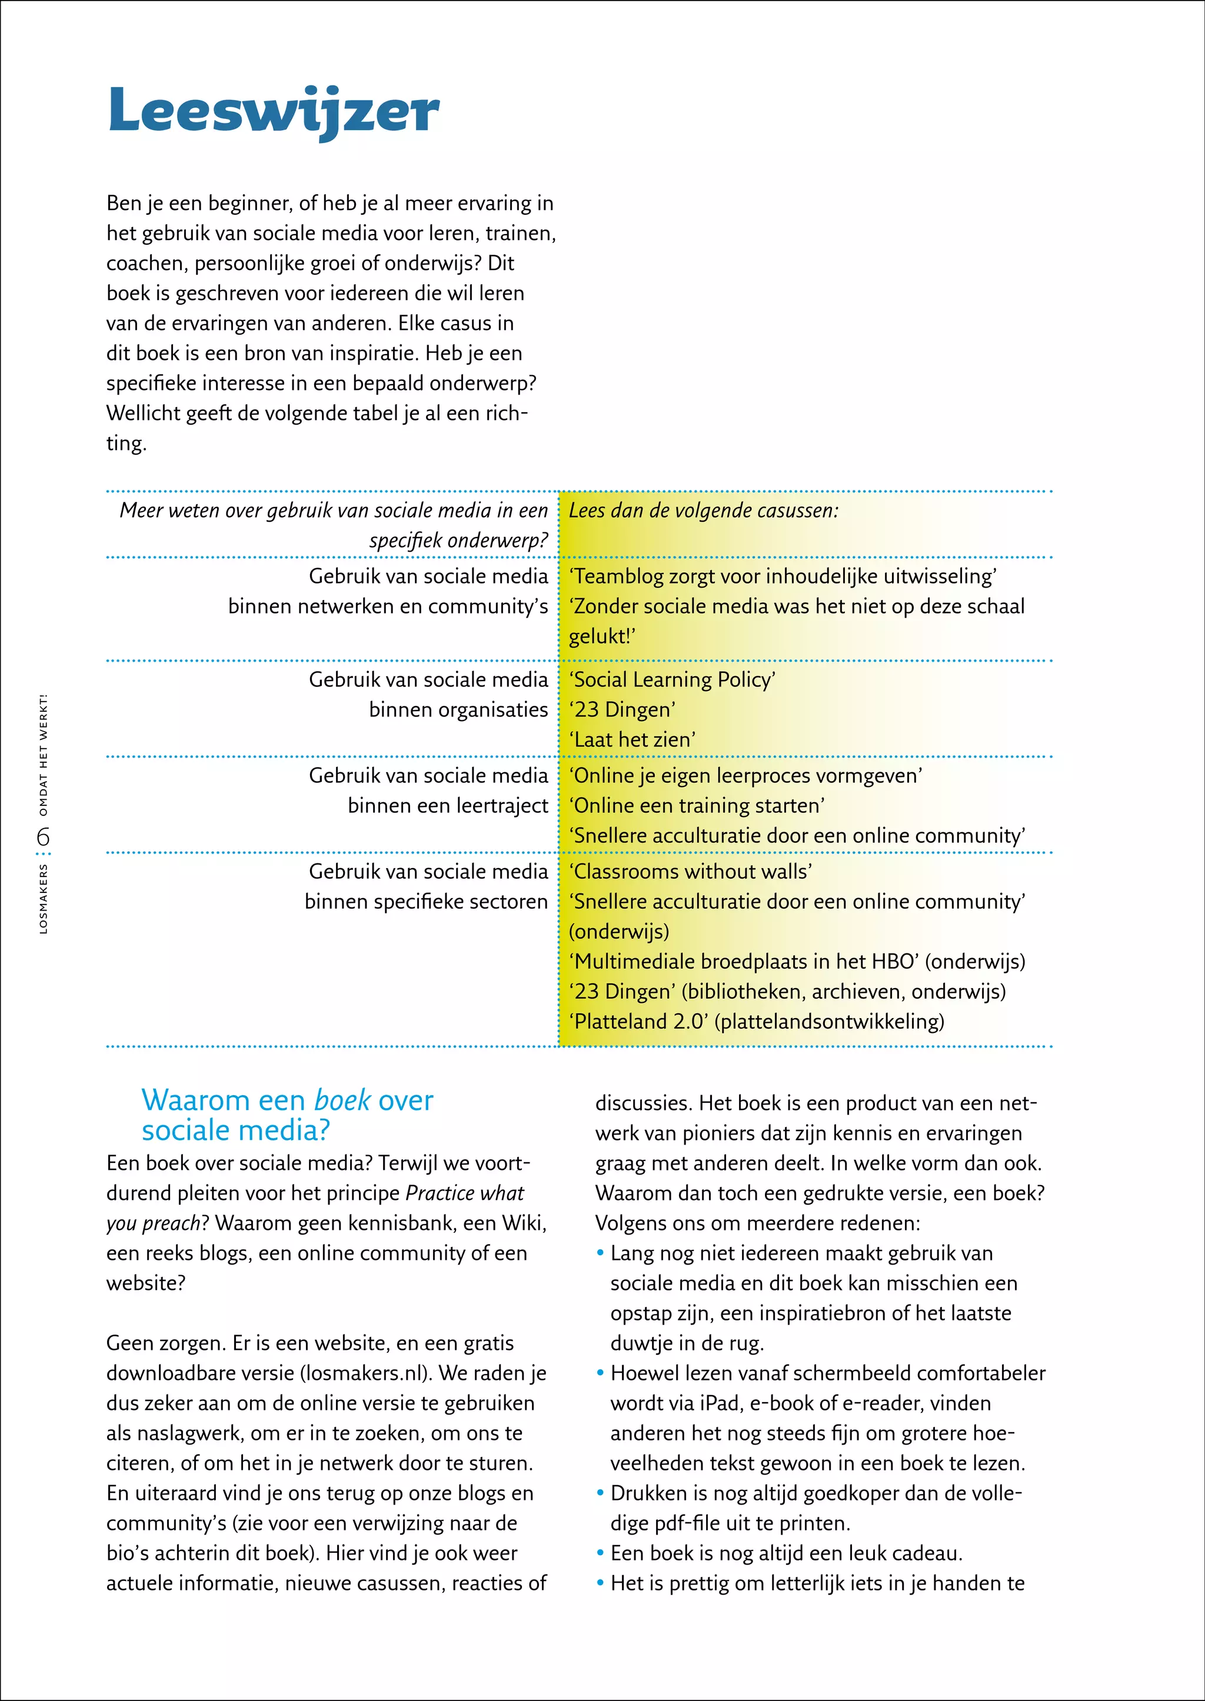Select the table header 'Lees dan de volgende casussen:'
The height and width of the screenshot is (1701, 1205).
704,511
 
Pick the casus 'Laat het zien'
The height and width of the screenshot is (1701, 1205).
632,739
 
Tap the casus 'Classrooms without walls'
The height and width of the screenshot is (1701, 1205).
690,872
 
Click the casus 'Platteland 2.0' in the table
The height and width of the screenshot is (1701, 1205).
638,1022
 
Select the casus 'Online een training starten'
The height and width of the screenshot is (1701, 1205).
697,806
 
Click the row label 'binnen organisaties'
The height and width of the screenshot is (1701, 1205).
458,710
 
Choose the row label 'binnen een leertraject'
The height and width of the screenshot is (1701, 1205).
447,806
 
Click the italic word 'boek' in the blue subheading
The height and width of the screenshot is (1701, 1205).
342,1100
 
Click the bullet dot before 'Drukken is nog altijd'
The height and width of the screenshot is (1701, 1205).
600,1493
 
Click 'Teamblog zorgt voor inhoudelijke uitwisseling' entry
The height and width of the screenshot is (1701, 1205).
783,576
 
